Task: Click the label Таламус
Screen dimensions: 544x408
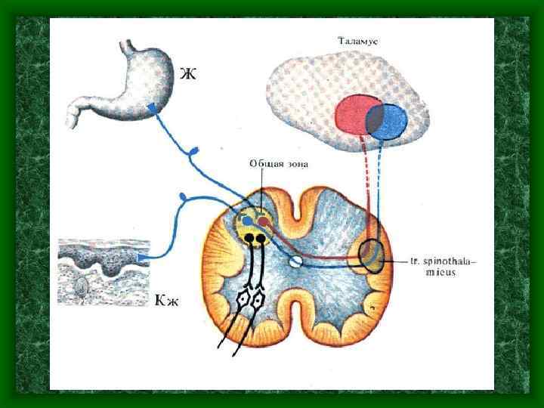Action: [x=358, y=39]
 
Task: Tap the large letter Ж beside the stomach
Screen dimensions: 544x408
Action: [x=188, y=74]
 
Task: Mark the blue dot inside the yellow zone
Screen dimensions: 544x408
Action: [x=247, y=221]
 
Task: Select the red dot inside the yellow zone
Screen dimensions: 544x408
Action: [x=263, y=221]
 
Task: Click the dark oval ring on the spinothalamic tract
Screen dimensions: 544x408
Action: [x=370, y=256]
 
